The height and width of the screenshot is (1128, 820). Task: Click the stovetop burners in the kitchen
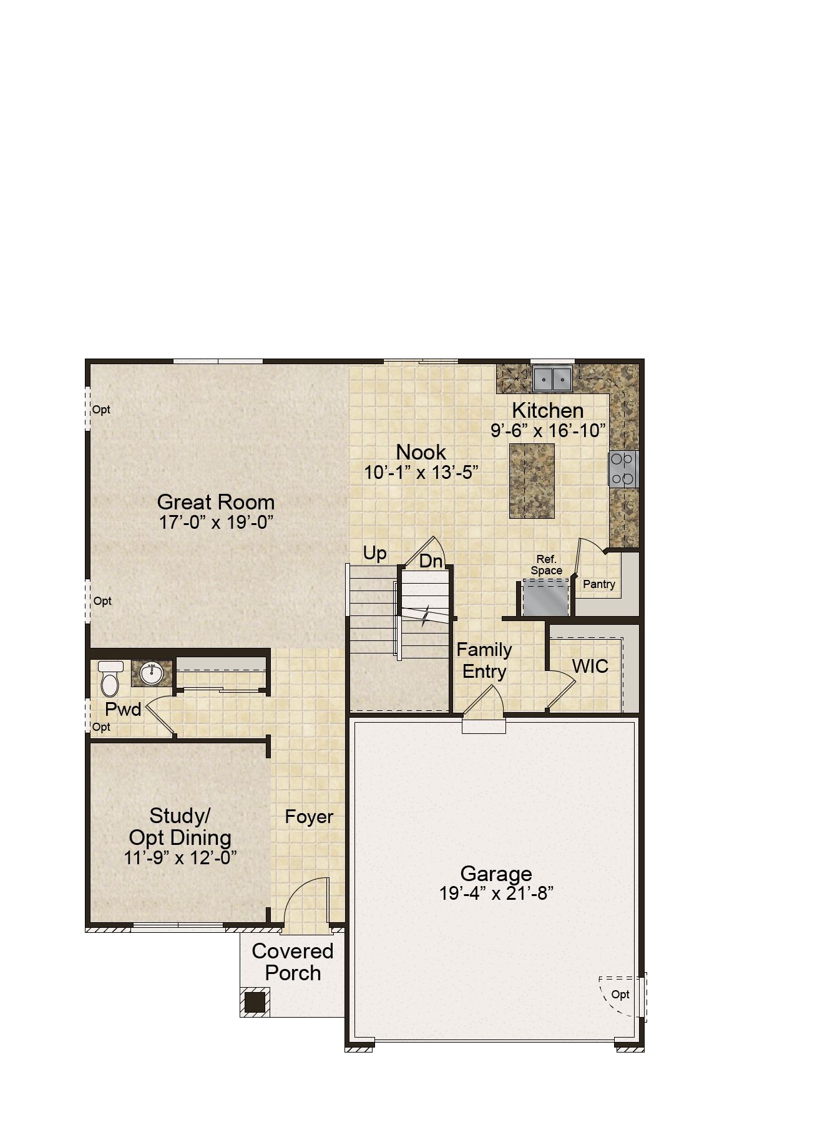(623, 468)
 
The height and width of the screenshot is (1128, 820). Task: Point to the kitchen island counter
(532, 481)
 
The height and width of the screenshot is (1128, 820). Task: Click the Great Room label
(215, 502)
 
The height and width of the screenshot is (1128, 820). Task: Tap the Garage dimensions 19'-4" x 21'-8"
(496, 894)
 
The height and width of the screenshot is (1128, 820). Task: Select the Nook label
(421, 452)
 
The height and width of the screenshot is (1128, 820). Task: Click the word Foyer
(309, 816)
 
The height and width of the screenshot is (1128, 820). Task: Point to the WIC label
(590, 666)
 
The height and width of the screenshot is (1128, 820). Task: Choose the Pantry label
(599, 584)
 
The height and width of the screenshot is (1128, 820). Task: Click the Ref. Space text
(546, 565)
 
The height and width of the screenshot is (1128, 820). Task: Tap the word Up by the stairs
(374, 554)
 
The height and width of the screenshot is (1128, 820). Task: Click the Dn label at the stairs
(431, 561)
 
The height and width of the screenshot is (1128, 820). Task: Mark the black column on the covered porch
(254, 1002)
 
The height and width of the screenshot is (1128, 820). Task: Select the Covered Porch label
(293, 962)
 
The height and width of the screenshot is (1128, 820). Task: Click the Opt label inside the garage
(620, 995)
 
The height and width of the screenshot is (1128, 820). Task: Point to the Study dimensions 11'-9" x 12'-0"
(180, 857)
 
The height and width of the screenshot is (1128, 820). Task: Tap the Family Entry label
(484, 660)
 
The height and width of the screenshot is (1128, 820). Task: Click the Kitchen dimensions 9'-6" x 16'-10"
(548, 431)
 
